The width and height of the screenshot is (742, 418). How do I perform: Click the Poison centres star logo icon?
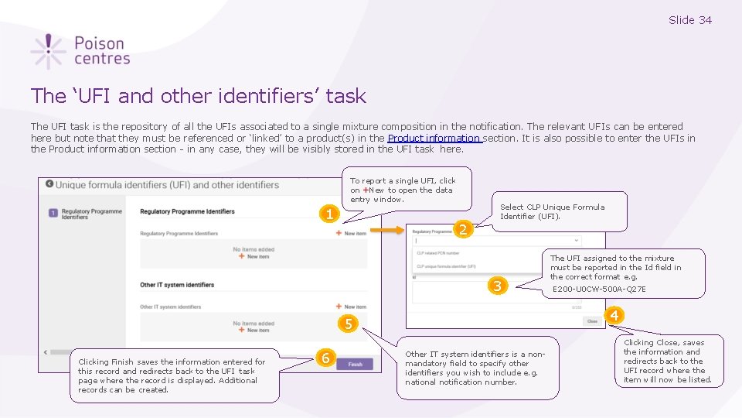tap(48, 51)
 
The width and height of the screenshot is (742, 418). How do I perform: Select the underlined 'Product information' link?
tap(434, 139)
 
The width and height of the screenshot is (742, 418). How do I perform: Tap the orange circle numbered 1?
tap(329, 214)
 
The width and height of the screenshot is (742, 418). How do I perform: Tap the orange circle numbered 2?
tap(463, 229)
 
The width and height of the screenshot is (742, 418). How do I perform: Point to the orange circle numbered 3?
tap(499, 286)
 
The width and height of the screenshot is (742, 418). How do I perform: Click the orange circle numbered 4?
tap(615, 316)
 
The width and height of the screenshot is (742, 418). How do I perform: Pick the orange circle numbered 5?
tap(349, 324)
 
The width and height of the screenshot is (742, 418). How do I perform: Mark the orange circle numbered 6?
tap(326, 358)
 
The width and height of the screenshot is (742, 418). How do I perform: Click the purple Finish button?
tap(355, 364)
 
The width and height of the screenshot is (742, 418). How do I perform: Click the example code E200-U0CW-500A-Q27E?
tap(599, 290)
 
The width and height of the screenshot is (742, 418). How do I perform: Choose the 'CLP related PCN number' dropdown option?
tap(437, 253)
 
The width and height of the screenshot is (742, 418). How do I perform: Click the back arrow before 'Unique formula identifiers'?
tap(49, 184)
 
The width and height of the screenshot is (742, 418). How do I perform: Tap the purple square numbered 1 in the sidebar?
tap(53, 213)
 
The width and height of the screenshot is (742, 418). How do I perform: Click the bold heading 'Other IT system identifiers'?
tap(177, 285)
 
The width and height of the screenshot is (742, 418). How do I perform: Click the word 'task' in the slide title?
tap(345, 96)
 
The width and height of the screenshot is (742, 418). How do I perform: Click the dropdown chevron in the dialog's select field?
tap(576, 241)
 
